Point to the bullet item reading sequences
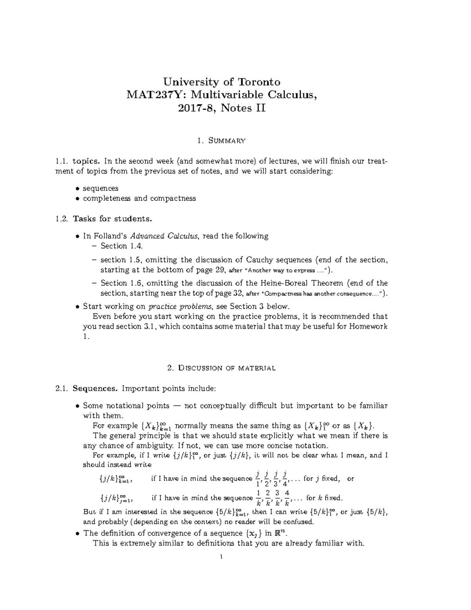coord(100,188)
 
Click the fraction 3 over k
coord(277,498)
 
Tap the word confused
coord(300,522)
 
